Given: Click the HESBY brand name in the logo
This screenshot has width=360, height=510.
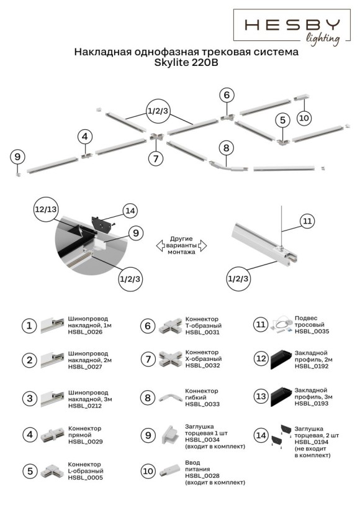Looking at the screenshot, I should [x=292, y=24].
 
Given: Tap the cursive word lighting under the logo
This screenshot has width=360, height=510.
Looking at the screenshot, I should [x=323, y=39].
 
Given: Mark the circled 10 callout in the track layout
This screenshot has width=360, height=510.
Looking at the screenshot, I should [x=304, y=117].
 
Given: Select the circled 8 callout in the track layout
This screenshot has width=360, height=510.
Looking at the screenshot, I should [x=227, y=148].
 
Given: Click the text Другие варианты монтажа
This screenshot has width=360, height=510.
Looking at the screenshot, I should [x=181, y=245].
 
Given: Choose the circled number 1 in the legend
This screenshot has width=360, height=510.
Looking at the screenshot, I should [x=29, y=326].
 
